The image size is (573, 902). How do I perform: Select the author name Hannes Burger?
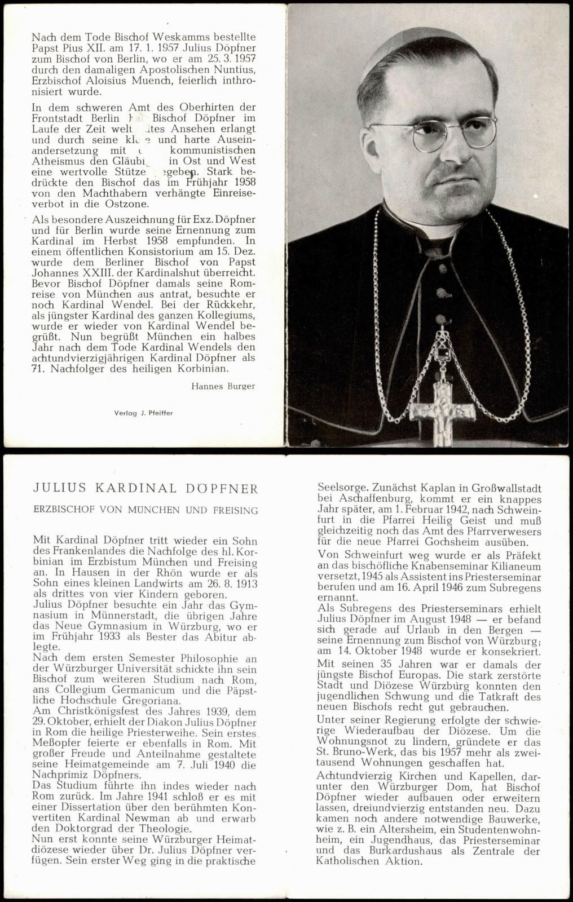click(x=223, y=386)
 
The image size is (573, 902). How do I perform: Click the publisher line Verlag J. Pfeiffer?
click(x=143, y=413)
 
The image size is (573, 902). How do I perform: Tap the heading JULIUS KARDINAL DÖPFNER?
click(x=146, y=488)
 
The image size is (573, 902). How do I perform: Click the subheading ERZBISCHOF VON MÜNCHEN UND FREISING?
click(x=146, y=510)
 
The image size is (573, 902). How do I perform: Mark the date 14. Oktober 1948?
click(x=376, y=652)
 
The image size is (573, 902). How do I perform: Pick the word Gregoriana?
click(x=155, y=701)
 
